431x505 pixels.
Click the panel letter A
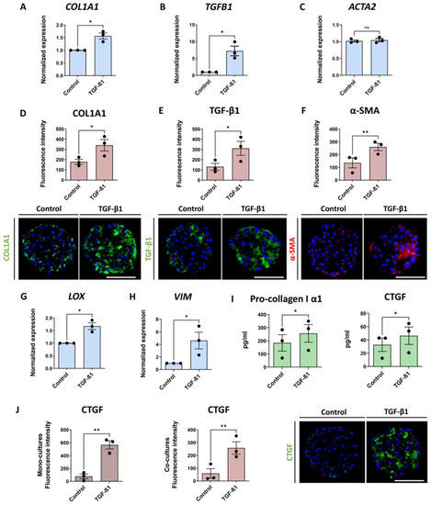tap(8, 8)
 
